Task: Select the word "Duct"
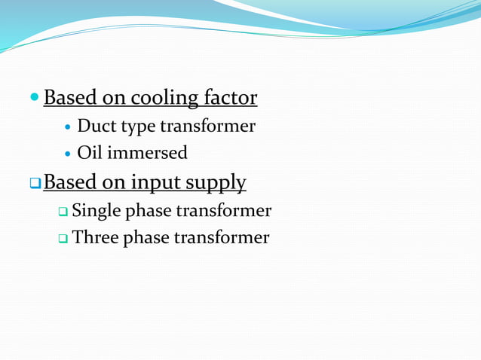pyautogui.click(x=97, y=126)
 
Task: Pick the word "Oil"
pyautogui.click(x=88, y=154)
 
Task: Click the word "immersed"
pyautogui.click(x=146, y=154)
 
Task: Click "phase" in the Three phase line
pyautogui.click(x=146, y=238)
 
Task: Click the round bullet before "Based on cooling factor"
pyautogui.click(x=34, y=99)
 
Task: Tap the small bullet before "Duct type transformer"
pyautogui.click(x=68, y=127)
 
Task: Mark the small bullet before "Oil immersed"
pyautogui.click(x=68, y=154)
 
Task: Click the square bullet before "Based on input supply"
pyautogui.click(x=35, y=183)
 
